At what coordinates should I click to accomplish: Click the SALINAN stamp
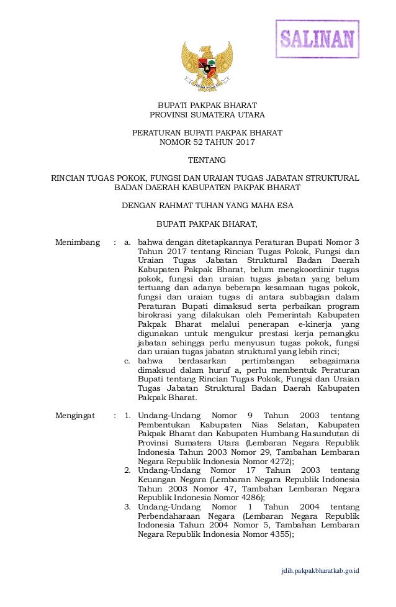(317, 40)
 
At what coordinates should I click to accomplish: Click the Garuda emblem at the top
(207, 66)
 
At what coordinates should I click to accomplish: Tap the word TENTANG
(207, 160)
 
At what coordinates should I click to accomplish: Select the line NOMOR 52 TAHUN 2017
(207, 142)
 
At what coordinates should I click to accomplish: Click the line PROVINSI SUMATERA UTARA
(207, 115)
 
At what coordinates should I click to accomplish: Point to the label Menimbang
(78, 242)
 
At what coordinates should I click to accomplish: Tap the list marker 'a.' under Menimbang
(128, 242)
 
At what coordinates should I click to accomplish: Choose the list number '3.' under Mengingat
(127, 508)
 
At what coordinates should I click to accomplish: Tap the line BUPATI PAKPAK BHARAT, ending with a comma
(207, 224)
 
